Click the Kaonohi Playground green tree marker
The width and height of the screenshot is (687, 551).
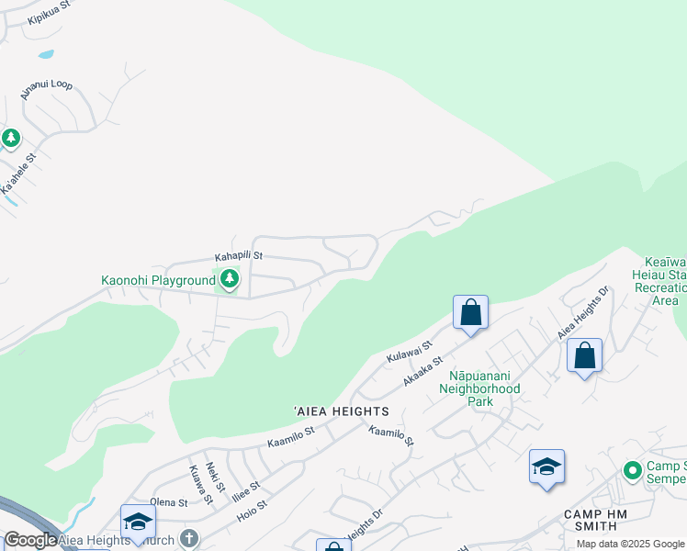point(230,278)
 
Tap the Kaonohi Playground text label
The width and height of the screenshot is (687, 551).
point(158,280)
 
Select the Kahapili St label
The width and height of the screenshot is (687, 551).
point(239,256)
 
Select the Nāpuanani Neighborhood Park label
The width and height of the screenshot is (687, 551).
point(484,388)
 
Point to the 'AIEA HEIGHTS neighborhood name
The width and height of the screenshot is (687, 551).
point(341,411)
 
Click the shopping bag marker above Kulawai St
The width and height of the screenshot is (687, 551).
point(470,312)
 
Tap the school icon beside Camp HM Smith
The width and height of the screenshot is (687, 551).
point(546,467)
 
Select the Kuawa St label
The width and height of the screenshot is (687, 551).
point(200,484)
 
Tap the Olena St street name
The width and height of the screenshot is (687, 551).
point(168,502)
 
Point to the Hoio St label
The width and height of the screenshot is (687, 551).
point(249,510)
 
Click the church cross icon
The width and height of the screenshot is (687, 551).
point(189,538)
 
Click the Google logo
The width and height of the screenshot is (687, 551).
point(30,540)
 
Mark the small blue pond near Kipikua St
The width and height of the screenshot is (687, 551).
point(46,54)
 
